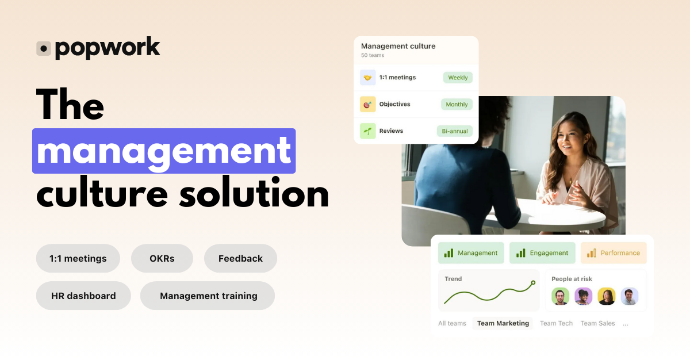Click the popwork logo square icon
(44, 49)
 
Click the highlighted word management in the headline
(164, 151)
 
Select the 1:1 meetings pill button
(78, 259)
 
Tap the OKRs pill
(162, 259)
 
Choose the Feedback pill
(240, 259)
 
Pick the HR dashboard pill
(83, 296)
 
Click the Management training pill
(208, 296)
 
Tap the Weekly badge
(458, 78)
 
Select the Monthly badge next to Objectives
(457, 105)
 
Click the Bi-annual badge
(454, 131)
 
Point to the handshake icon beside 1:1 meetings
(368, 78)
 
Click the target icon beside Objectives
(368, 105)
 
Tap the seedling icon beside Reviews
(368, 131)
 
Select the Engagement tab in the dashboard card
(542, 253)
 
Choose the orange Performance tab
(614, 253)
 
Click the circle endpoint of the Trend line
(533, 282)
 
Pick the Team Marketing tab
(503, 323)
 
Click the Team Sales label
(597, 323)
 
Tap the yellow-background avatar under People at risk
(607, 296)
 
